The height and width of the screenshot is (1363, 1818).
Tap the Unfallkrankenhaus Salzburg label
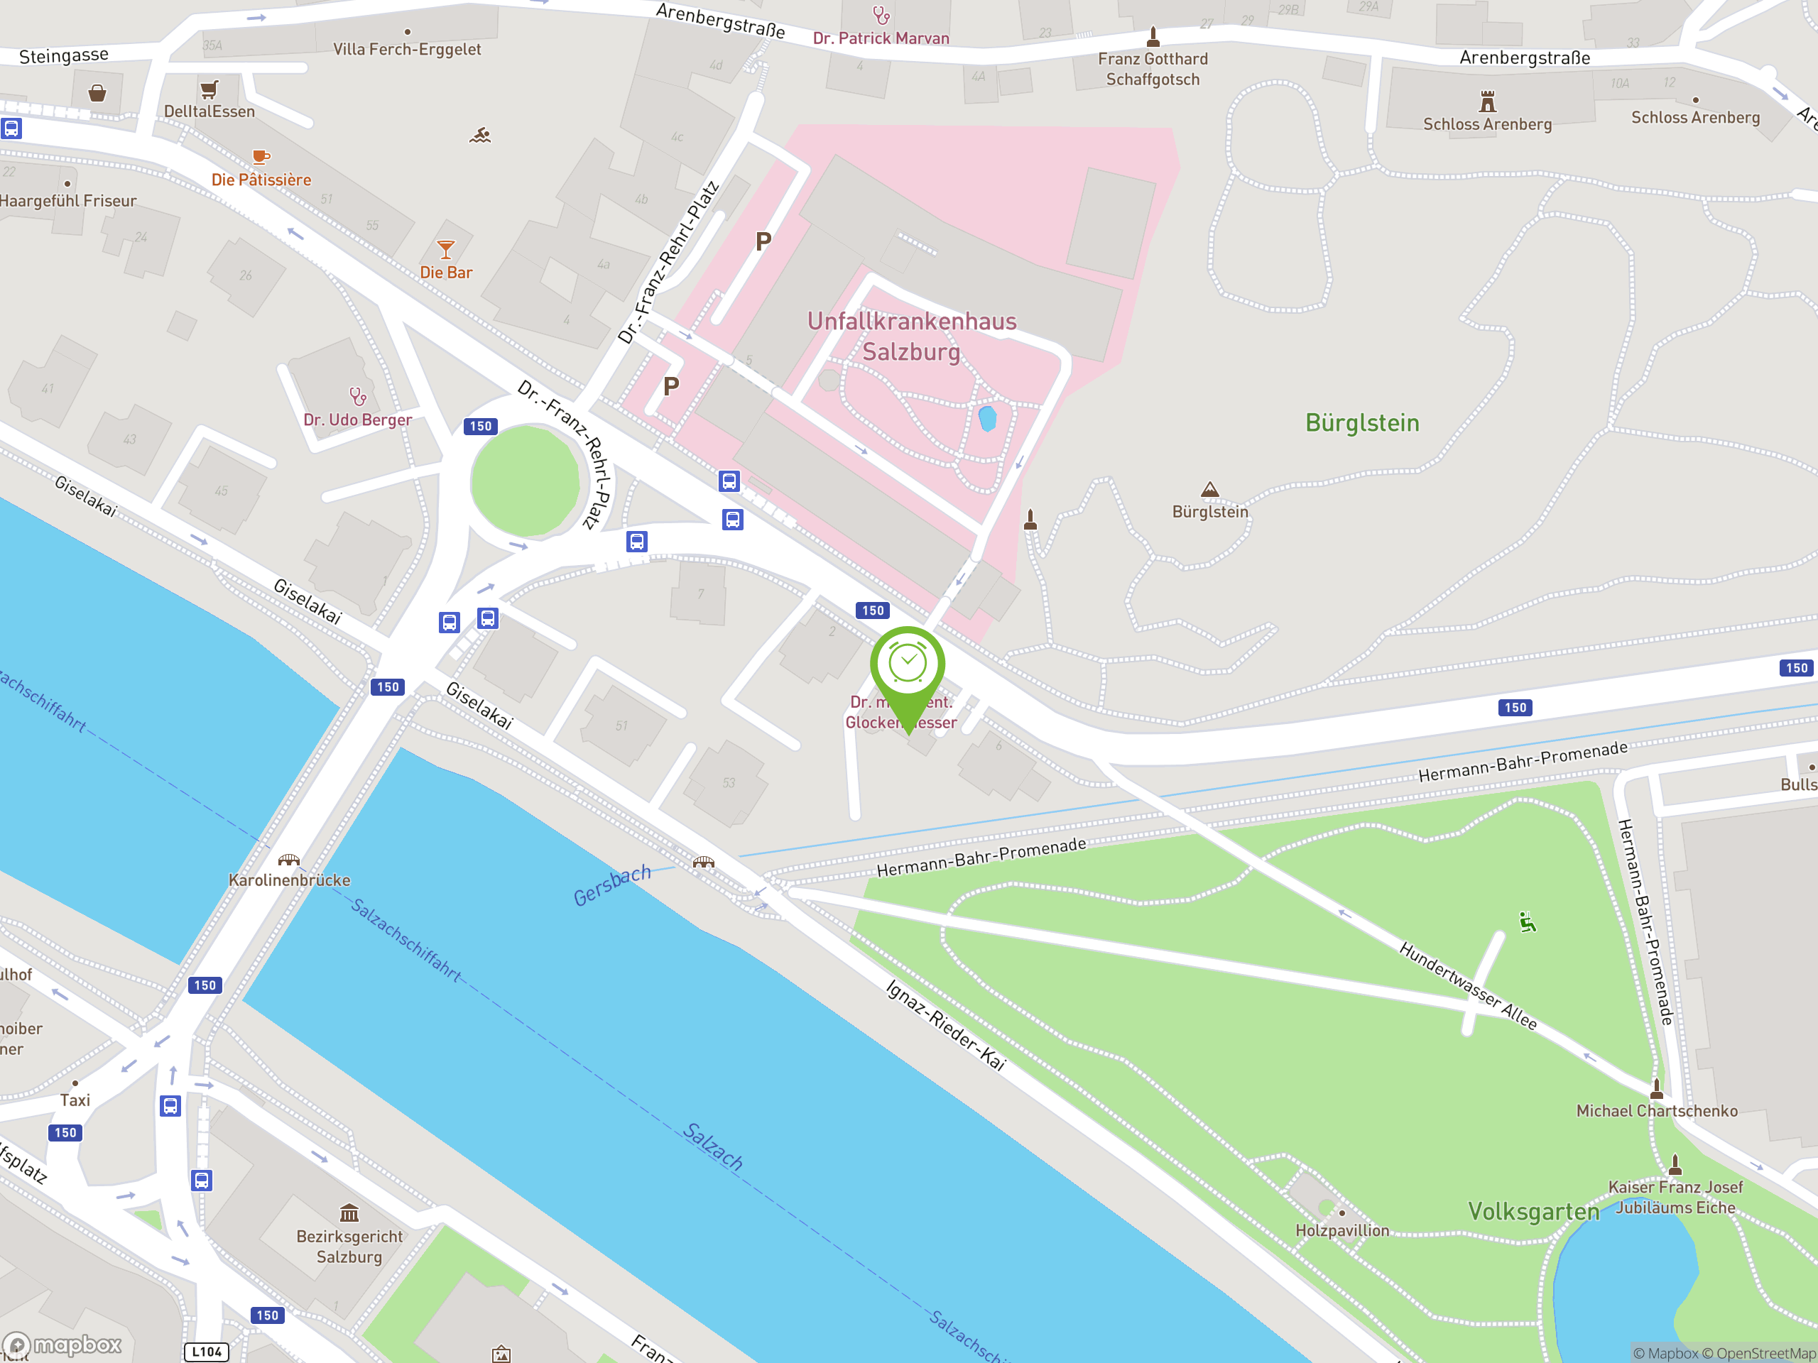pyautogui.click(x=911, y=336)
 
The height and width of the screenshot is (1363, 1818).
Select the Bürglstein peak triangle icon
pyautogui.click(x=1210, y=490)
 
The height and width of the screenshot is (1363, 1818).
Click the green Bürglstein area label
pyautogui.click(x=1362, y=423)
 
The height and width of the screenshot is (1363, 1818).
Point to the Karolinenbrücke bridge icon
pyautogui.click(x=288, y=860)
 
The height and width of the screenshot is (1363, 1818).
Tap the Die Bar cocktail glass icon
pyautogui.click(x=445, y=249)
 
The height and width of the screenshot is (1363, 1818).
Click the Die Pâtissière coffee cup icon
pyautogui.click(x=261, y=157)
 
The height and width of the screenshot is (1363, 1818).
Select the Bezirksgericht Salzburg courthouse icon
pyautogui.click(x=349, y=1213)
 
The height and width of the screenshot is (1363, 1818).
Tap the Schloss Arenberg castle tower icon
pyautogui.click(x=1487, y=102)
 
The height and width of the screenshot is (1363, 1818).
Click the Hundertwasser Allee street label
pyautogui.click(x=1467, y=986)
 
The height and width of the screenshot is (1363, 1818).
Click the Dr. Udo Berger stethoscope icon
pyautogui.click(x=357, y=397)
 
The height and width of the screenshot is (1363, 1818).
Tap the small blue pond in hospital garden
pyautogui.click(x=987, y=418)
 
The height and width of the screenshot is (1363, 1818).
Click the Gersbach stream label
pyautogui.click(x=611, y=885)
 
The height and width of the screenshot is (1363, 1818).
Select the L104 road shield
pyautogui.click(x=206, y=1352)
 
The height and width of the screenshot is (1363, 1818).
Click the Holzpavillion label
pyautogui.click(x=1341, y=1230)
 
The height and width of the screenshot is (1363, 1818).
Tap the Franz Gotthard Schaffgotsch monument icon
pyautogui.click(x=1153, y=36)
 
